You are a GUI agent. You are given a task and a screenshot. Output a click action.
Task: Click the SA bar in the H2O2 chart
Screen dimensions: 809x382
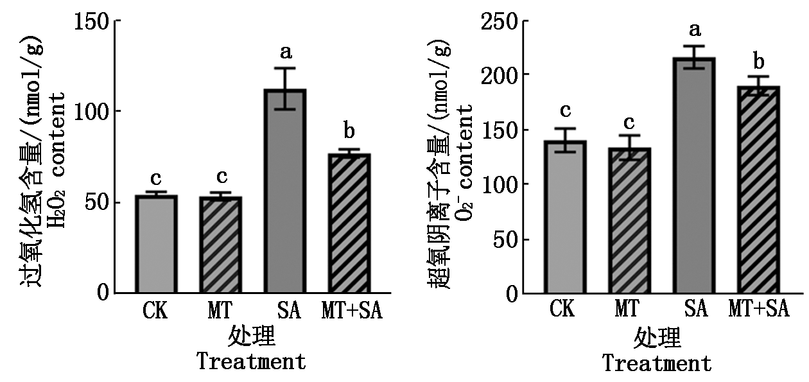point(285,191)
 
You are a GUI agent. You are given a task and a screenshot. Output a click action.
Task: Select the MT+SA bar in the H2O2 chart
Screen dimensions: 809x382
point(349,223)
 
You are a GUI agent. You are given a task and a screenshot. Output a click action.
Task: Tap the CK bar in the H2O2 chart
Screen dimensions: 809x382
point(157,244)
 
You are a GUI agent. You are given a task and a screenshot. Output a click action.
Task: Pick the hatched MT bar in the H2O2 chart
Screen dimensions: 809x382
point(221,245)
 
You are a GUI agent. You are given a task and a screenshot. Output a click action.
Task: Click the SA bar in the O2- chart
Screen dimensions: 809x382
point(694,175)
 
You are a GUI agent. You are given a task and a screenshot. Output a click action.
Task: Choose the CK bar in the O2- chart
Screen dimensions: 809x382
point(566,216)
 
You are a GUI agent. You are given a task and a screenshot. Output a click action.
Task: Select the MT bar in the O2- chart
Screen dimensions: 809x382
point(629,220)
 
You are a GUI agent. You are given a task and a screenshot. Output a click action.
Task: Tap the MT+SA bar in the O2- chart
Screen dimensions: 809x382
point(758,189)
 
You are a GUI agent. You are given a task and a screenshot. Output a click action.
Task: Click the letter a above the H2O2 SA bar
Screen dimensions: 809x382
point(286,52)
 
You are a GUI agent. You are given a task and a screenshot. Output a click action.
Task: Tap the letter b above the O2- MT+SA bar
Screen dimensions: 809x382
point(759,62)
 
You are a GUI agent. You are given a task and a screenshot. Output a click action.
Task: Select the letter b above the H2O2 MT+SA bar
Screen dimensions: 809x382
point(349,130)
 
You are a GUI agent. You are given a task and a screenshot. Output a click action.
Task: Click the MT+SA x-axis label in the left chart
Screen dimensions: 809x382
point(352,310)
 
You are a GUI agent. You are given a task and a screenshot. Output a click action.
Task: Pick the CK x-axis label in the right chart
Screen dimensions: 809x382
point(562,309)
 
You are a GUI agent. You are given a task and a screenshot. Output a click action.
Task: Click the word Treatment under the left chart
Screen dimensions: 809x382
point(252,361)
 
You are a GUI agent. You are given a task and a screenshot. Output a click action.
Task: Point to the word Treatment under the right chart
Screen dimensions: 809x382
point(657,363)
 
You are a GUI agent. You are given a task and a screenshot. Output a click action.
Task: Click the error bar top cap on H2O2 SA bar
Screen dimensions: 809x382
point(285,68)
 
